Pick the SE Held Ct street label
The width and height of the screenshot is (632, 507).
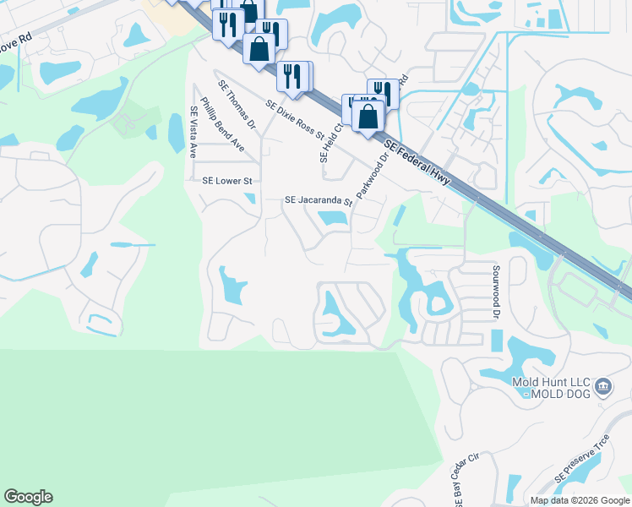click(x=329, y=141)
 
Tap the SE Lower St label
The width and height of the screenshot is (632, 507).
click(x=227, y=181)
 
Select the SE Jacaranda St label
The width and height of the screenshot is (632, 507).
click(x=318, y=201)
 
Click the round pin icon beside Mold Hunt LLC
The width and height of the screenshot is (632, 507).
click(x=603, y=387)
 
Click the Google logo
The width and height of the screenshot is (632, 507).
click(x=28, y=497)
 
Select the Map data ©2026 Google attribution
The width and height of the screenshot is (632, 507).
click(x=579, y=500)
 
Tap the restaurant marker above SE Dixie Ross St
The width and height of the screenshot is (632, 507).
click(x=291, y=76)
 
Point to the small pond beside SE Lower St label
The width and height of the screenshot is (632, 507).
click(x=250, y=199)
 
